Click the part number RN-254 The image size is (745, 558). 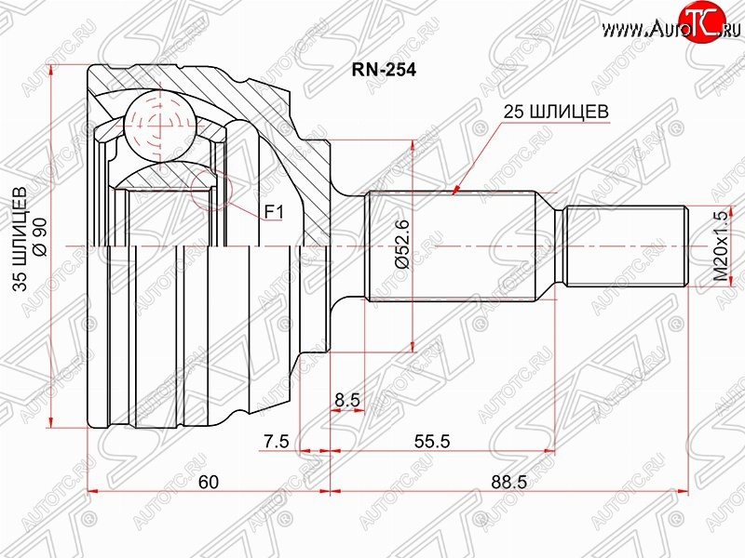(384, 70)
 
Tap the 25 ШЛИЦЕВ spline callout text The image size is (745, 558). (556, 112)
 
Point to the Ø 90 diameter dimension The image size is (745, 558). (40, 237)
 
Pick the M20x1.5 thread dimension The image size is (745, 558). (721, 246)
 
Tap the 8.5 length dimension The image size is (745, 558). (347, 400)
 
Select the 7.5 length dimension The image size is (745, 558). (276, 441)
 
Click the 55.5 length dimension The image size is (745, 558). (432, 441)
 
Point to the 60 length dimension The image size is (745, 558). (208, 482)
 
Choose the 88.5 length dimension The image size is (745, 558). (508, 482)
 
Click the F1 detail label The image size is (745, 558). (274, 212)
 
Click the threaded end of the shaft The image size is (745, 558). (627, 246)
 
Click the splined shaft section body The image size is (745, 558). (452, 246)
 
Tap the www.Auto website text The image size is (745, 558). (643, 30)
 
